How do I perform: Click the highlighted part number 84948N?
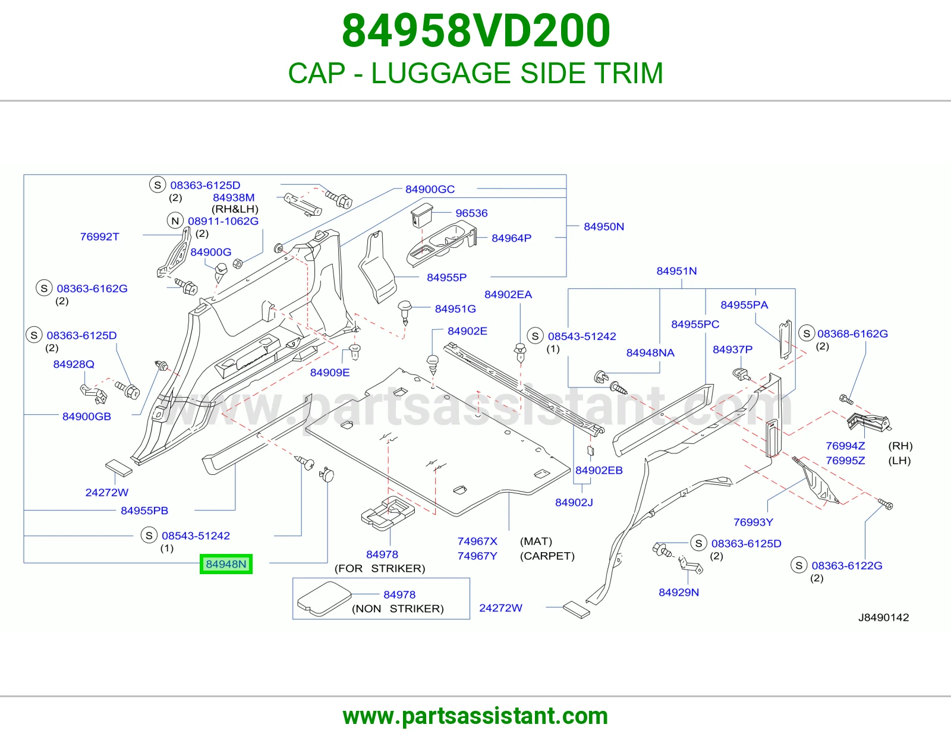(226, 564)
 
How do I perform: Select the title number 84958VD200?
(475, 31)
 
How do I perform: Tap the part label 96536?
(471, 213)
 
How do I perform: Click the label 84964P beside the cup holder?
(511, 238)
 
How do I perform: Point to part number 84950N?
(603, 226)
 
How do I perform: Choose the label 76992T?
(99, 237)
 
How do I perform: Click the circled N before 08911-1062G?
(175, 221)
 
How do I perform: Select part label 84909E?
(329, 373)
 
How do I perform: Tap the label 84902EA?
(508, 295)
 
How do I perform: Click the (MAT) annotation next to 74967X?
(536, 541)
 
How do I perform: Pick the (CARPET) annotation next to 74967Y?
(547, 556)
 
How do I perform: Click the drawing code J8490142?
(883, 618)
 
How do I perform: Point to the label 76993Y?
(753, 522)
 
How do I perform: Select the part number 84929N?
(679, 592)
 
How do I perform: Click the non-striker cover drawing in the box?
(324, 599)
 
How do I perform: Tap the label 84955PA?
(744, 305)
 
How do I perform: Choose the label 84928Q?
(74, 364)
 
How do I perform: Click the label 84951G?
(455, 309)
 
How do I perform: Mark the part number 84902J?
(574, 502)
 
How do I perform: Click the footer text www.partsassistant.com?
(475, 716)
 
